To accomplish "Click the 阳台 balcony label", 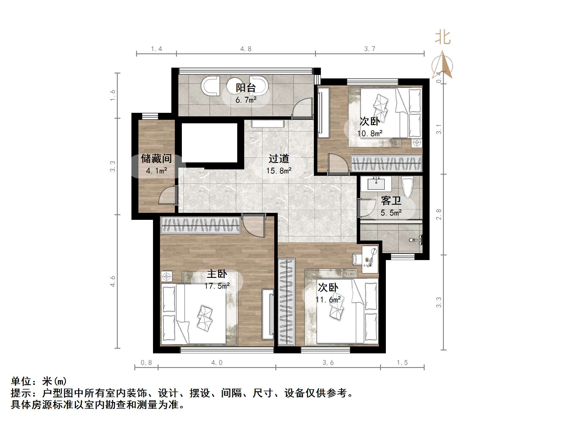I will [246, 88].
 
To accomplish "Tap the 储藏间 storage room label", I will [156, 159].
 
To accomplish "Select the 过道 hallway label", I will [279, 159].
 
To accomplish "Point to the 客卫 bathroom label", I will [391, 201].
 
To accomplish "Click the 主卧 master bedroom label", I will [217, 274].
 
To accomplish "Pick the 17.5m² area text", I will [217, 286].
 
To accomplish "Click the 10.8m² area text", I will [370, 134].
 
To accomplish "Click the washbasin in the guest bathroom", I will [376, 184].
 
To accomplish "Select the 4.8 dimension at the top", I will [246, 49].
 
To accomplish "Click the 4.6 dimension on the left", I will [113, 281].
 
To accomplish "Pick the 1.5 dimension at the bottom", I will [402, 362].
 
